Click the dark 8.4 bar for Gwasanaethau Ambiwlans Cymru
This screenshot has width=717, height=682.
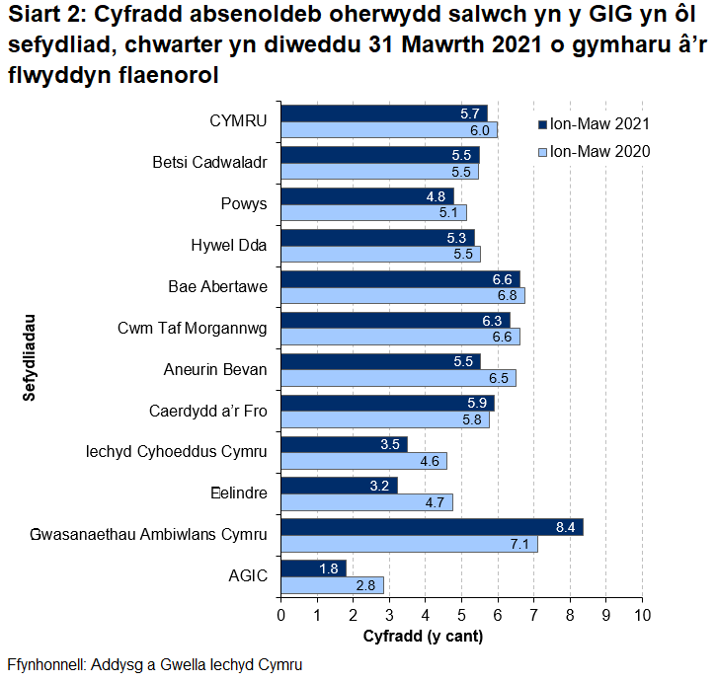point(432,527)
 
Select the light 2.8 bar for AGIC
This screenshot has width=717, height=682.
point(332,584)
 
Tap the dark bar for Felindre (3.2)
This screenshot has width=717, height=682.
point(339,486)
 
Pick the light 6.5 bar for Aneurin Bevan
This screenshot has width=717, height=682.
point(398,378)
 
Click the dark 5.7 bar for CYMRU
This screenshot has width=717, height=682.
point(384,114)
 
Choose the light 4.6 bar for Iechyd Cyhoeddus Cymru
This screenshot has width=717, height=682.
point(363,461)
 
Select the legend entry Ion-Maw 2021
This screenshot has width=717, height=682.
point(593,124)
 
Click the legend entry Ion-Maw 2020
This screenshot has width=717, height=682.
point(593,151)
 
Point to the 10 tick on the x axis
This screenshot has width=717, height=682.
point(642,616)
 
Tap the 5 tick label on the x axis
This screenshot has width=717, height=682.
point(461,616)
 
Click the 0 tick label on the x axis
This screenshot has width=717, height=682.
point(281,616)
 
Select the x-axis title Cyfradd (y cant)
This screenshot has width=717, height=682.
point(423,636)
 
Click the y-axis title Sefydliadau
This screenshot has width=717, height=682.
point(30,356)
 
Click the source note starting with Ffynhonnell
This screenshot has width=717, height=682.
point(153,664)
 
